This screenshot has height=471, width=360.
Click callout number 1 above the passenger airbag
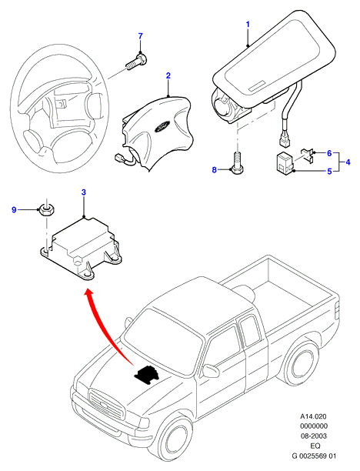[x=248, y=25]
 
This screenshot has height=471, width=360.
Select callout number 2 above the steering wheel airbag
[x=168, y=75]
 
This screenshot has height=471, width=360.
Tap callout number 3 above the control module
[x=84, y=192]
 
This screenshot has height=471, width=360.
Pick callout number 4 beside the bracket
[x=348, y=162]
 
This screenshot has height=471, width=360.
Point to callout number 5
[x=329, y=172]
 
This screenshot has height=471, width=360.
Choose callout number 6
[x=329, y=153]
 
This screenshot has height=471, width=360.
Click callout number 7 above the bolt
[x=141, y=36]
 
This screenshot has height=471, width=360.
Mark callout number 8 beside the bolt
[x=214, y=170]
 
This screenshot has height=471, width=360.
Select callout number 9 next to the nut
[x=14, y=209]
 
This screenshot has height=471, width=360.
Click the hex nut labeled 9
[x=47, y=209]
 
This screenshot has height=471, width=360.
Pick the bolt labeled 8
[x=237, y=164]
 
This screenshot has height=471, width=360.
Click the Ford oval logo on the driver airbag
[x=162, y=127]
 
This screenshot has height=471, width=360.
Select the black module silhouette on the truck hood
[x=147, y=375]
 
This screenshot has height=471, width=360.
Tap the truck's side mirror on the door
[x=211, y=370]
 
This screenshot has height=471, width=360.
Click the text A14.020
[x=313, y=416]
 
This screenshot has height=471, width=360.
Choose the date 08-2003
[x=314, y=436]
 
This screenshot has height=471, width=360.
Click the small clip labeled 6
[x=307, y=155]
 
